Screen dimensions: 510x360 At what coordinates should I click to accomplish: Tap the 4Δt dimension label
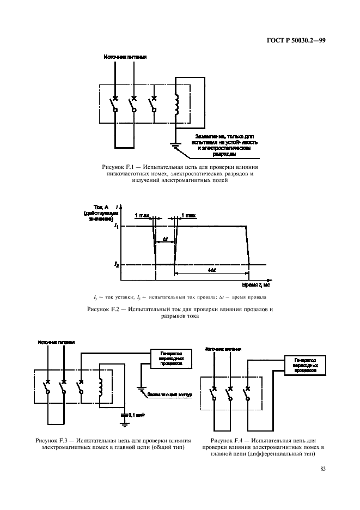click(211, 269)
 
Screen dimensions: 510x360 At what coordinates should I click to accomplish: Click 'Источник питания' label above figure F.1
click(125, 56)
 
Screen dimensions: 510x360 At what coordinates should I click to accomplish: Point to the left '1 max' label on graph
click(142, 216)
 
